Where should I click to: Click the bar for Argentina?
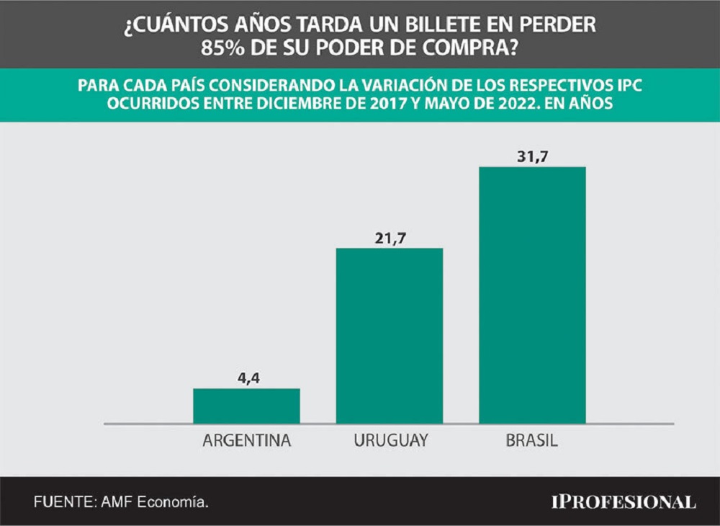246,406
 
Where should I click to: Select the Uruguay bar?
389,336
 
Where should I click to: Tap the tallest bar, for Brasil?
532,295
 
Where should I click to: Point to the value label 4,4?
246,377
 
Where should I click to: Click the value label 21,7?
389,237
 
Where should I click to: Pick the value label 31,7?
532,155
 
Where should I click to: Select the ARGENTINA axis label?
246,440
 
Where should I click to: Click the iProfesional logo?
623,502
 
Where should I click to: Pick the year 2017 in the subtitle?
408,104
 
